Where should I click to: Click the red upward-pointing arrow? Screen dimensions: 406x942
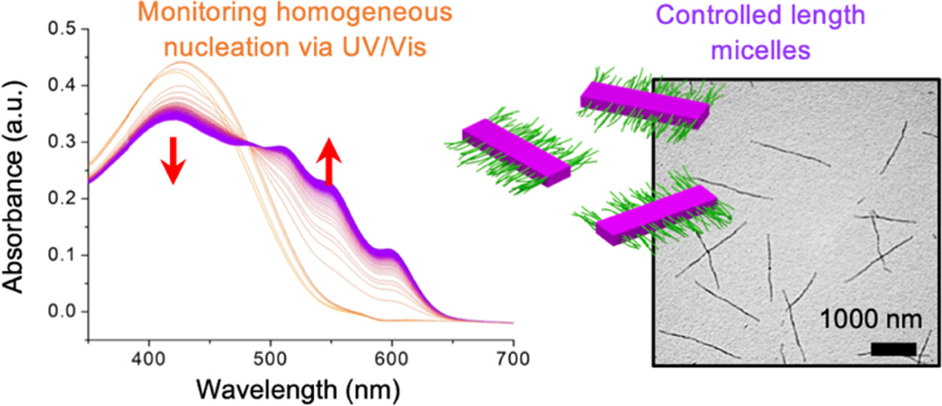coord(328,161)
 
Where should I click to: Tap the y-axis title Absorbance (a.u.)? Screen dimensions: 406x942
coord(17,177)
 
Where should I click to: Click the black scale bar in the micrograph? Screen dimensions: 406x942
coord(894,349)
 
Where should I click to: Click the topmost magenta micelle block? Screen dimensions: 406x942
coord(644,106)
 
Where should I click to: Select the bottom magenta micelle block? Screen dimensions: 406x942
coord(656,215)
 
